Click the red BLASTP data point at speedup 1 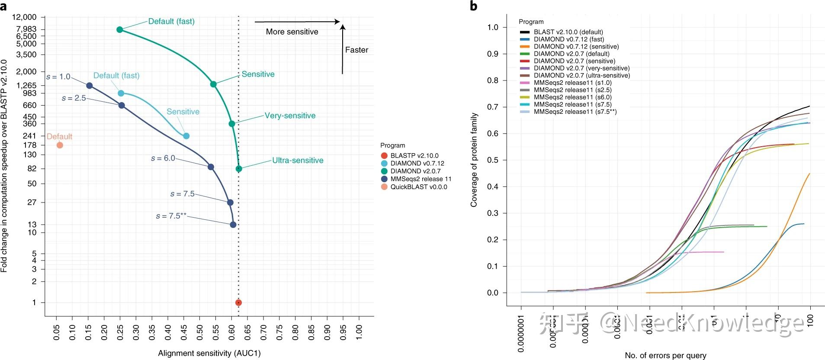coord(238,302)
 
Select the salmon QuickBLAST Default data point coord(60,145)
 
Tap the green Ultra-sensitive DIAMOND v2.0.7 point coord(239,169)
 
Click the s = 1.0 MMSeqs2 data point coord(89,86)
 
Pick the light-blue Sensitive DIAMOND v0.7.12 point coord(186,136)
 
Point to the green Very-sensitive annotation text coord(290,116)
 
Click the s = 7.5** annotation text coord(171,215)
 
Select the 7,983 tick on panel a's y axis coord(27,29)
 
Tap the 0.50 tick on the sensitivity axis coord(200,332)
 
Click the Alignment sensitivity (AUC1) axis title coord(209,353)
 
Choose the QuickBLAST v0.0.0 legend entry coord(418,187)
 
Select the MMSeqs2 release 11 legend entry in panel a coord(421,179)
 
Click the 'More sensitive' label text coord(292,32)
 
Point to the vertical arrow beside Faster coord(343,49)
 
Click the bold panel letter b coord(474,6)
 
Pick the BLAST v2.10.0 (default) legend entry coord(568,32)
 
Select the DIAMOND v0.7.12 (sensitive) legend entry coord(576,46)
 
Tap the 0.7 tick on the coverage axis coord(493,107)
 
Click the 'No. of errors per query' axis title coord(665,355)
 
